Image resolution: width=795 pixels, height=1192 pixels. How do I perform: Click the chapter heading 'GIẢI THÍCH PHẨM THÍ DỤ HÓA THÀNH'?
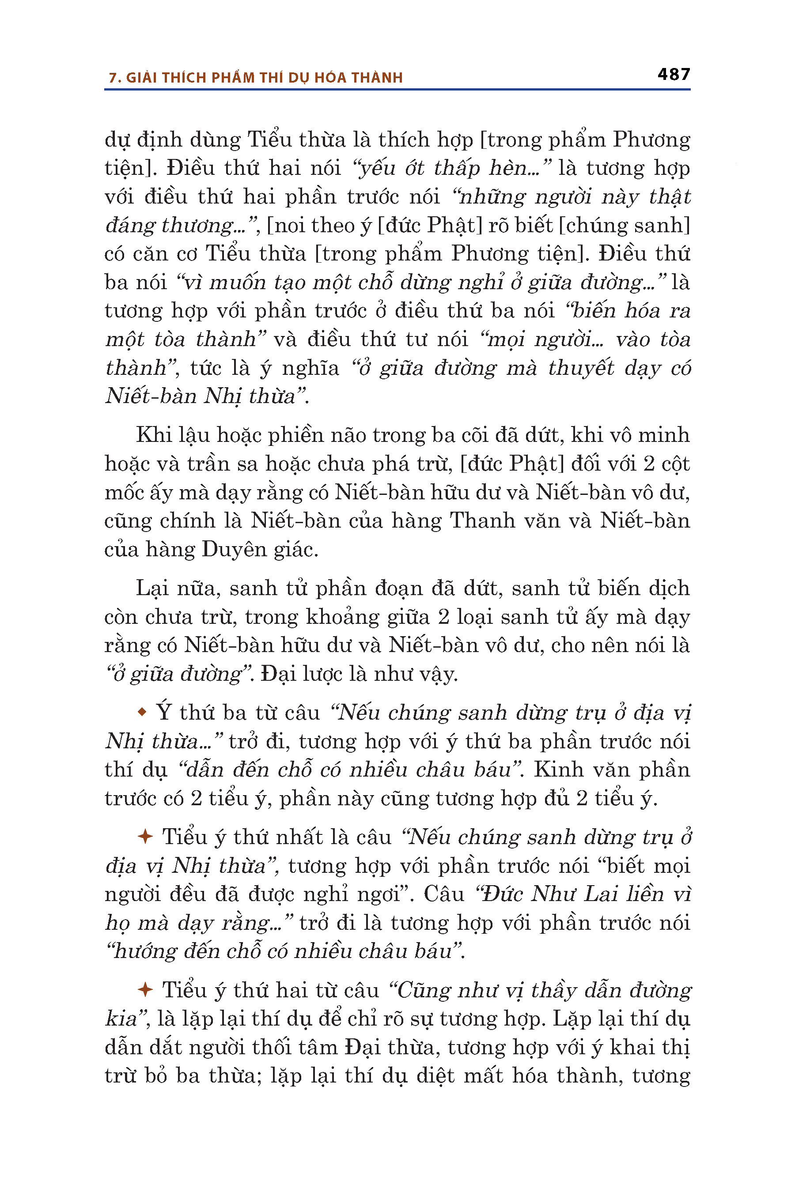[x=264, y=78]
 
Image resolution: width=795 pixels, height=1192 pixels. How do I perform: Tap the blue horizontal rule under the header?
[x=397, y=90]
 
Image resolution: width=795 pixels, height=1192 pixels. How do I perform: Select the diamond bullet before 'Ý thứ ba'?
[x=142, y=712]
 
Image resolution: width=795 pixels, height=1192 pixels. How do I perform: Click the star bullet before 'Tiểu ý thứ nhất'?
[x=145, y=836]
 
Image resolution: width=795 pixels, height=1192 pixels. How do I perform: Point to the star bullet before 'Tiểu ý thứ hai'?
[x=145, y=989]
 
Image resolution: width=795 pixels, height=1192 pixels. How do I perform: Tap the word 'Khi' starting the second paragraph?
[x=154, y=435]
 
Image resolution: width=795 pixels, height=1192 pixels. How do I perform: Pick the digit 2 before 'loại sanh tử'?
[x=443, y=617]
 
